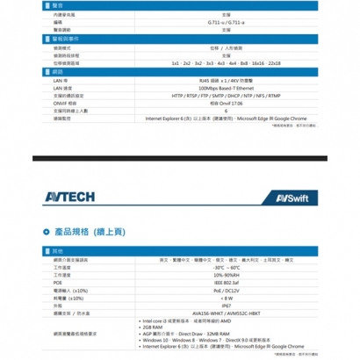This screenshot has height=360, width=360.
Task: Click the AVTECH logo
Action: [x=67, y=197]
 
